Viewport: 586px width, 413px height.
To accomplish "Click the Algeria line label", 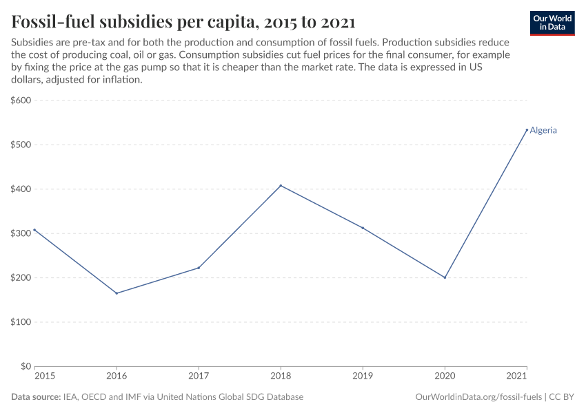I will [543, 130].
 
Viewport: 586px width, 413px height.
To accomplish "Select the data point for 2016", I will [117, 293].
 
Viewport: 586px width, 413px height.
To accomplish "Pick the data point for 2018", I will [281, 185].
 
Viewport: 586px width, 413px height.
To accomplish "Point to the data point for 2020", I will [445, 277].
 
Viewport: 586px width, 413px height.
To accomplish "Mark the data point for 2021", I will [527, 130].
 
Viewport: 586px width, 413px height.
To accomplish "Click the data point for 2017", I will [199, 268].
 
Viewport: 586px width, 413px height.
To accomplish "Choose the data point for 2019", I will [363, 228].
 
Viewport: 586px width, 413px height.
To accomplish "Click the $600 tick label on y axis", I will [21, 100].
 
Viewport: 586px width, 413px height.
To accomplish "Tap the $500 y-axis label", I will [21, 145].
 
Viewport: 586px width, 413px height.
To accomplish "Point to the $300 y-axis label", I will [21, 233].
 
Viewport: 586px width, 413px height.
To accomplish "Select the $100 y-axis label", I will [21, 322].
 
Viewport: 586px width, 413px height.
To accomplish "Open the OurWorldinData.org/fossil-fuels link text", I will [479, 397].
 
